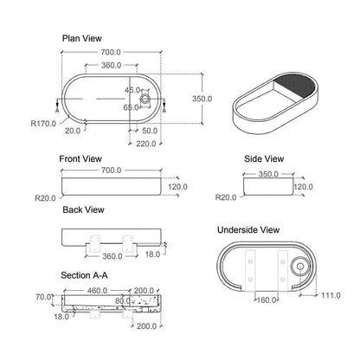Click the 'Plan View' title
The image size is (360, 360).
pos(82,38)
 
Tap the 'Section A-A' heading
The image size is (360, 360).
pos(84,275)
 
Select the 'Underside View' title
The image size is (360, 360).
pos(248,230)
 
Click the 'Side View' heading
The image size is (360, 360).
pos(264,159)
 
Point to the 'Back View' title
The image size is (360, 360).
pos(83,209)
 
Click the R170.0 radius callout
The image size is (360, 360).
pos(43,124)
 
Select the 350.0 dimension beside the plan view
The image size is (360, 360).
pos(202,99)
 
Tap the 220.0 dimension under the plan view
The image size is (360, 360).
pos(146,144)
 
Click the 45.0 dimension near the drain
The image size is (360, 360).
pos(132,90)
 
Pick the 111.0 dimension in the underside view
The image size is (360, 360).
pos(331,295)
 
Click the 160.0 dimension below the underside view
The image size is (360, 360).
pos(267,300)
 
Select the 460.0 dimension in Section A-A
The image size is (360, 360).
pos(97,291)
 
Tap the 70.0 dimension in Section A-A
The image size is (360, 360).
pos(43,297)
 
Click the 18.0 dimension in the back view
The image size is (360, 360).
pos(152,254)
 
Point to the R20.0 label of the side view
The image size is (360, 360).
pos(226,197)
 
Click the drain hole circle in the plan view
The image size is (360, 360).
pos(145,99)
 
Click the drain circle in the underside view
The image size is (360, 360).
pos(300,267)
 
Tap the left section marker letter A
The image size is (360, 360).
pos(57,111)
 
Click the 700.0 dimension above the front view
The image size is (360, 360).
pos(112,170)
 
